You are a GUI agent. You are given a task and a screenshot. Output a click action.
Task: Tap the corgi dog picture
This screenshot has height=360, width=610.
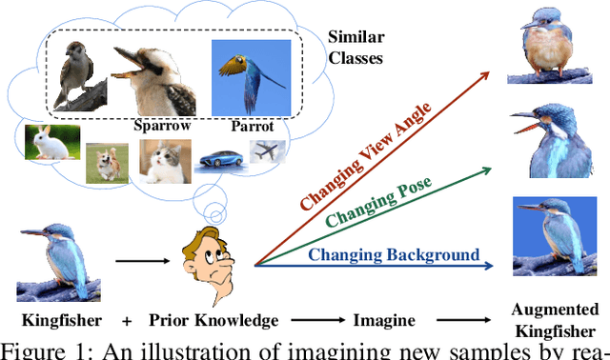click(100, 161)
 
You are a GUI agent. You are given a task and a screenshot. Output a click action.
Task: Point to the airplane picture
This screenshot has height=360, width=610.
click(267, 150)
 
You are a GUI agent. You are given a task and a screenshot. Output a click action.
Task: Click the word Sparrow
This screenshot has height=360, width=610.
click(162, 125)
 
